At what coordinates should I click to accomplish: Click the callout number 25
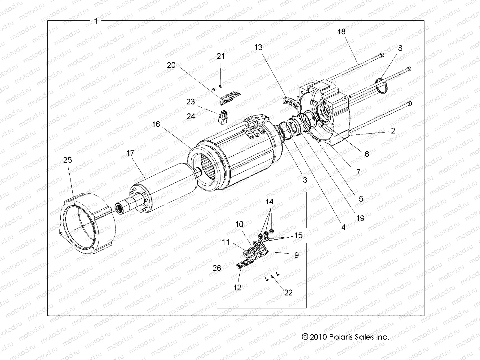click(68, 160)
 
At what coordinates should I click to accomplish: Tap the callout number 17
click(130, 153)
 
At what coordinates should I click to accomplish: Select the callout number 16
click(156, 124)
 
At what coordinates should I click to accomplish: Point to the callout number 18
click(341, 31)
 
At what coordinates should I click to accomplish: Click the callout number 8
click(400, 48)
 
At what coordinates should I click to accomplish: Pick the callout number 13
click(258, 47)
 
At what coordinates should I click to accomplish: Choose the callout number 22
click(288, 292)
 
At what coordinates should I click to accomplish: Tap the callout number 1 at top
click(96, 21)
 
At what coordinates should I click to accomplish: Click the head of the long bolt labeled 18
click(381, 55)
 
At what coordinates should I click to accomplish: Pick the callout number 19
click(360, 218)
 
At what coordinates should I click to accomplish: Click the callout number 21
click(221, 56)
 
